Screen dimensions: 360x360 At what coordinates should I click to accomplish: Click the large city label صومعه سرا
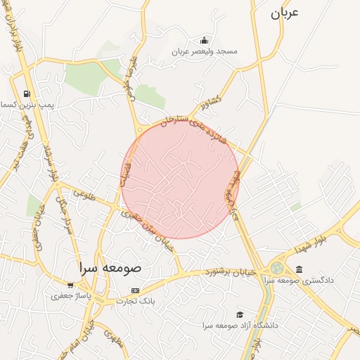(110, 268)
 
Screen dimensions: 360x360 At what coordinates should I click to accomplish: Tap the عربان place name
(285, 13)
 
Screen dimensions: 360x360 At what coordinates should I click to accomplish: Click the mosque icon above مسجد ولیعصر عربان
(204, 40)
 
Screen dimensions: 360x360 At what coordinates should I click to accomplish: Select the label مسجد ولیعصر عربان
(208, 52)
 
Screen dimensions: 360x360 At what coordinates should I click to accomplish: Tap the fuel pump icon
(27, 94)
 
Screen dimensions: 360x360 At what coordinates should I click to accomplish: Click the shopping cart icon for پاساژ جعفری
(70, 285)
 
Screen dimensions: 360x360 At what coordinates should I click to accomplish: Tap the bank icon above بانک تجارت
(135, 290)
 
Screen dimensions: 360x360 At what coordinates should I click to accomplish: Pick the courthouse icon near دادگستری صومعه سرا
(300, 269)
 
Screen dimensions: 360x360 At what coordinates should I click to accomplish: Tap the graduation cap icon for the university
(240, 314)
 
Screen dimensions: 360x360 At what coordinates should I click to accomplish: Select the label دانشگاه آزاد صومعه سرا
(240, 326)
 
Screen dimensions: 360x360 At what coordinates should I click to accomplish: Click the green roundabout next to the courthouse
(278, 269)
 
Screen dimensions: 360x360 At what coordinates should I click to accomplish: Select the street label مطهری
(112, 338)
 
